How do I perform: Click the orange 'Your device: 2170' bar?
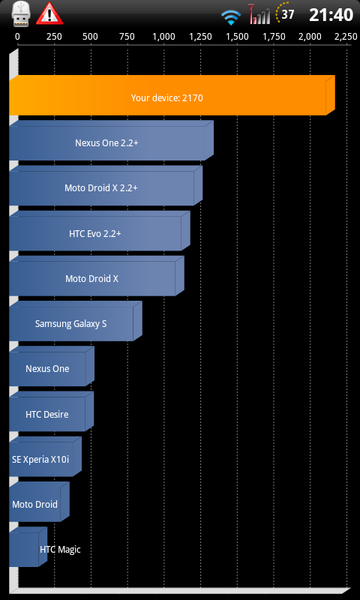(x=172, y=95)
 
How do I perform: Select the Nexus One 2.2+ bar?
(x=111, y=140)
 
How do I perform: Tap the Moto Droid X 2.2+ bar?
(x=106, y=185)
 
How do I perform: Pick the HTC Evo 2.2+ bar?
(x=100, y=231)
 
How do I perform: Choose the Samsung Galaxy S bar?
(x=75, y=321)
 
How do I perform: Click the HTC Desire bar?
(x=51, y=411)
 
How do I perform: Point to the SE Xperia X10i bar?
(x=45, y=457)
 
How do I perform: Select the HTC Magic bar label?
(x=60, y=550)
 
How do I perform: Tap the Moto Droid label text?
(x=34, y=504)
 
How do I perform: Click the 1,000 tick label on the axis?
(x=163, y=37)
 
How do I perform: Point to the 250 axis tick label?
(x=54, y=37)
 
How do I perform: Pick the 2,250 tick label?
(x=346, y=37)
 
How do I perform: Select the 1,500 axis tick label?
(x=237, y=37)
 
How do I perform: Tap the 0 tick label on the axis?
(x=17, y=37)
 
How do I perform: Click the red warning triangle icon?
(x=49, y=13)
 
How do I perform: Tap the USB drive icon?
(x=20, y=13)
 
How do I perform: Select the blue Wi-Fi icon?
(x=231, y=17)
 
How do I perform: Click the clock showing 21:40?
(x=331, y=15)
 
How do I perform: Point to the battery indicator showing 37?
(x=285, y=13)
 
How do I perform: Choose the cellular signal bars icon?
(x=259, y=14)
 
